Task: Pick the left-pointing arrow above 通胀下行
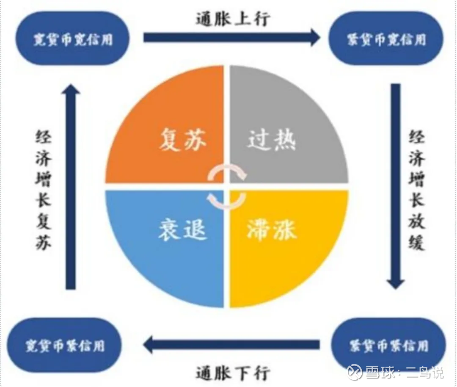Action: [x=231, y=344]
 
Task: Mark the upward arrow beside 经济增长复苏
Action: [x=71, y=186]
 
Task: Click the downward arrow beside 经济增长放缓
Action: [x=396, y=186]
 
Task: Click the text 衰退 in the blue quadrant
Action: [x=183, y=229]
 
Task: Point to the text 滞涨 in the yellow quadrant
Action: [x=272, y=229]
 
